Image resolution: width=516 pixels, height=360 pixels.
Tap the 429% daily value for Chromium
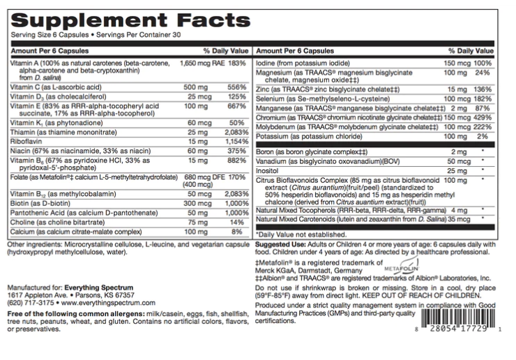(484, 119)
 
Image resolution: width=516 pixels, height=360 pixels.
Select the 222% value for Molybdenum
(484, 128)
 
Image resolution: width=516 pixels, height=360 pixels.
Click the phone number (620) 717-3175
(28, 304)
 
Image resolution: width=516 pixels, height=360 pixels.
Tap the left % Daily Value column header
(225, 52)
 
